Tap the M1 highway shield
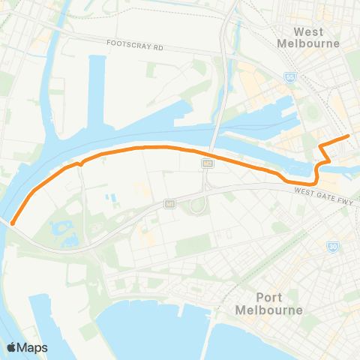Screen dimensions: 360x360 point(170,203)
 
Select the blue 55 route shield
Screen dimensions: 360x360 point(290,77)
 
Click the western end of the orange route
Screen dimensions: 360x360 point(13,222)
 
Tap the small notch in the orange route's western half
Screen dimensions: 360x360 point(79,162)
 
